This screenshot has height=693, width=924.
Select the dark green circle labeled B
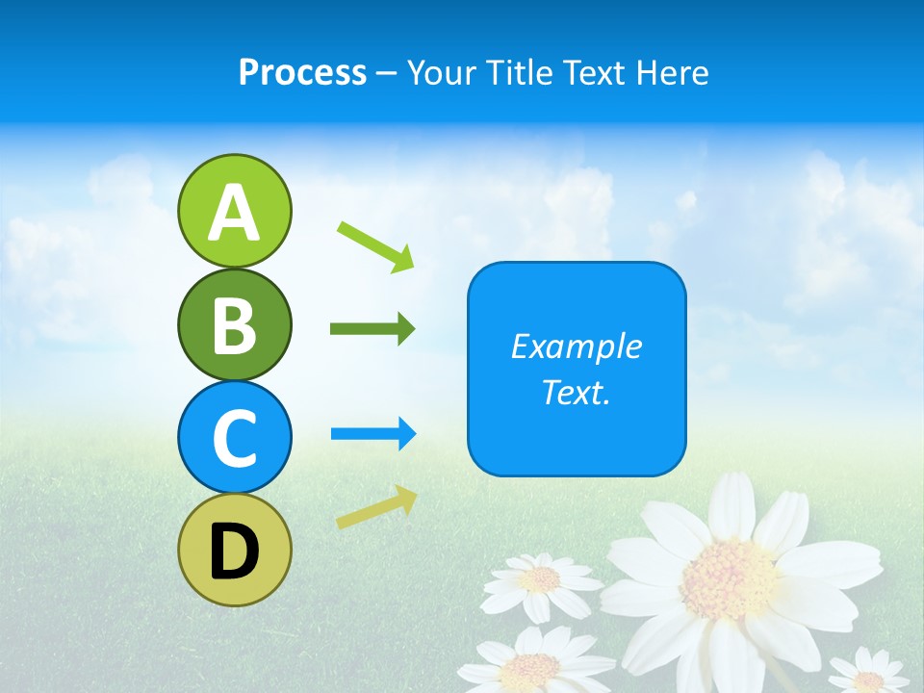tap(234, 324)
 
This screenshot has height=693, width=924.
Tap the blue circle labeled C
tap(234, 437)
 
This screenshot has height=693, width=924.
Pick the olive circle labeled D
tap(234, 550)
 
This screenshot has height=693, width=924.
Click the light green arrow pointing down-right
tap(375, 245)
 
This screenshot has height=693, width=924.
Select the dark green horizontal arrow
tap(372, 329)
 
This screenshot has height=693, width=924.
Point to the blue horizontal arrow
tap(372, 434)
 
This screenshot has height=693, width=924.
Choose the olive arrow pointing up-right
tap(376, 507)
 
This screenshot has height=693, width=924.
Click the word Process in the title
tap(302, 72)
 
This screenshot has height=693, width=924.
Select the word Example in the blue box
tap(576, 346)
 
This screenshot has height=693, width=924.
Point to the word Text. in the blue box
tap(576, 392)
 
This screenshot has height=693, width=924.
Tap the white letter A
tap(234, 213)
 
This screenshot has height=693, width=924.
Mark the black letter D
tap(234, 552)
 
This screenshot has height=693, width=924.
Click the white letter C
tap(234, 438)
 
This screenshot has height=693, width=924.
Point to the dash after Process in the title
tap(386, 73)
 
